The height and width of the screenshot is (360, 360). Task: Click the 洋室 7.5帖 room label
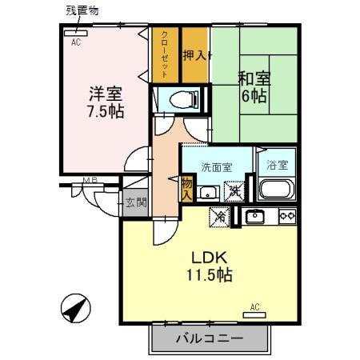tap(106, 102)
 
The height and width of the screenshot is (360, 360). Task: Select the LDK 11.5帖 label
tap(210, 266)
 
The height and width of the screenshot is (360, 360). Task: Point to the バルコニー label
tap(209, 338)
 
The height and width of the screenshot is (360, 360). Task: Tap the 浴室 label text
tap(277, 166)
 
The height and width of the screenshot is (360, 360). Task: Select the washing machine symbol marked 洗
tap(234, 191)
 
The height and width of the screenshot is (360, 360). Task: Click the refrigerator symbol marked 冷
tap(219, 217)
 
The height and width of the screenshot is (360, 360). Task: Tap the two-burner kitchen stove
tap(286, 216)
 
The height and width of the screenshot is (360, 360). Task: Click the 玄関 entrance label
tap(135, 202)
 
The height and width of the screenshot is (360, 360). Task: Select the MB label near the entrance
tap(90, 182)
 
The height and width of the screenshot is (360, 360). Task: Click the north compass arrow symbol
tap(74, 307)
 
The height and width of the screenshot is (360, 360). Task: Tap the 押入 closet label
tap(196, 55)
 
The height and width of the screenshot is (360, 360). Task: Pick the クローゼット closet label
tap(164, 54)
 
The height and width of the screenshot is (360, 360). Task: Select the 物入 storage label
tap(186, 188)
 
